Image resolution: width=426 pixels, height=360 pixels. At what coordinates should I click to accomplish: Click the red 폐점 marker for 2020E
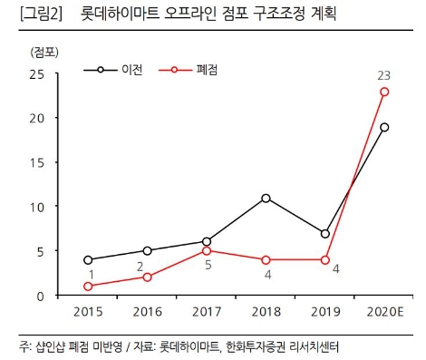384,92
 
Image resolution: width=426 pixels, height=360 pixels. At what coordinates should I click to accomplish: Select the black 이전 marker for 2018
266,198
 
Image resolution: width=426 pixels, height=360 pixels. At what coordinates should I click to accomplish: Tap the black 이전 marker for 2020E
384,127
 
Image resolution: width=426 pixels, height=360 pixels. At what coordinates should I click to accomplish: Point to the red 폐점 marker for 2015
89,287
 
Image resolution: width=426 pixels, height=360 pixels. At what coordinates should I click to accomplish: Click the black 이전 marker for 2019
324,233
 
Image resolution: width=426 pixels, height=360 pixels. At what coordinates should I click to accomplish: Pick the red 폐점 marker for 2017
207,250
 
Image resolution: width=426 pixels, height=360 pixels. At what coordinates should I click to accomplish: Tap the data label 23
384,73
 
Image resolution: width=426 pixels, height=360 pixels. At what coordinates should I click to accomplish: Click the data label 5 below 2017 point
208,266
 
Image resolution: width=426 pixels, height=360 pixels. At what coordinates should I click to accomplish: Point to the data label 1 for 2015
90,273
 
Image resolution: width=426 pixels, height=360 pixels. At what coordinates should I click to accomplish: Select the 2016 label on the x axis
148,314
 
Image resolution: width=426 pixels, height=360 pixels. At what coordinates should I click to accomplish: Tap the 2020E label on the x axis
384,314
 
